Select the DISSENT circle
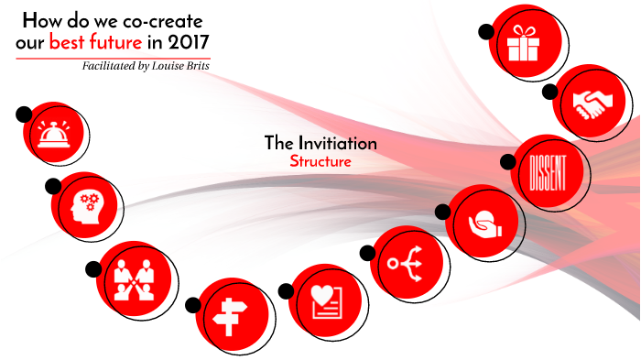[548, 170]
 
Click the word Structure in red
[320, 161]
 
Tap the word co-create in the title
[165, 19]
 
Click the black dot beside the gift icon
[486, 31]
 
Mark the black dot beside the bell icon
[24, 115]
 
